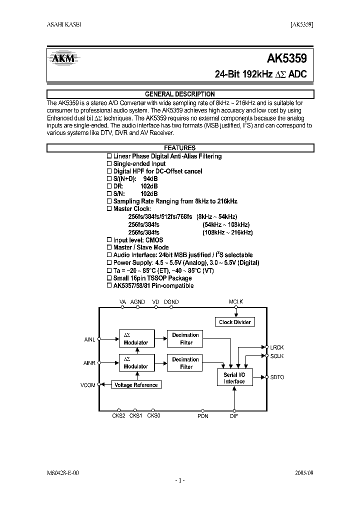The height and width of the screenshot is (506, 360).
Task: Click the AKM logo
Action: click(x=63, y=59)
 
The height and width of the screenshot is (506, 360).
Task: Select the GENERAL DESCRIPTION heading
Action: click(x=180, y=94)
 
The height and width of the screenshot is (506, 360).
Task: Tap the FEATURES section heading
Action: click(x=180, y=148)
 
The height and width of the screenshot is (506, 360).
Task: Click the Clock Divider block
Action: click(x=235, y=322)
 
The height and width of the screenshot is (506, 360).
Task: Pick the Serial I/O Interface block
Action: click(x=234, y=378)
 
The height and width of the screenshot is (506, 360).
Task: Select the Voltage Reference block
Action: click(x=136, y=384)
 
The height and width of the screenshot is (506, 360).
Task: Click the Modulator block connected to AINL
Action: click(x=136, y=338)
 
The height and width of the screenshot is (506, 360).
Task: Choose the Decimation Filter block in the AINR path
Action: click(x=185, y=363)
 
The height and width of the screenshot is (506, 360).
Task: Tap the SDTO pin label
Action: click(x=277, y=377)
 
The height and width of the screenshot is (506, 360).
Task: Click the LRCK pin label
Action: click(x=277, y=347)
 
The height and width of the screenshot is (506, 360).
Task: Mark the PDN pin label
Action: click(x=202, y=416)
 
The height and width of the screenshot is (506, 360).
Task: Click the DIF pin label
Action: click(x=234, y=416)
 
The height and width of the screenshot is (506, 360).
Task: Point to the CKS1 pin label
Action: click(x=135, y=415)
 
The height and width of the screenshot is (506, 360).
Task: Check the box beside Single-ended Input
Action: click(x=110, y=164)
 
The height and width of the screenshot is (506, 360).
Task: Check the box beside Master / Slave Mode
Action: click(x=110, y=247)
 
